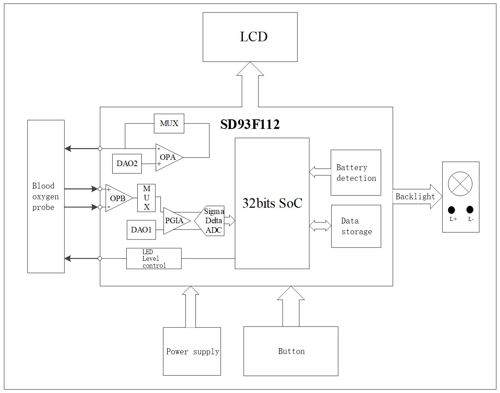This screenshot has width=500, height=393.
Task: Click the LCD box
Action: (x=250, y=37)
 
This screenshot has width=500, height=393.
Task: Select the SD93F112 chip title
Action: (x=250, y=124)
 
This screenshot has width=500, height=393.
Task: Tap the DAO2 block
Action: (x=127, y=164)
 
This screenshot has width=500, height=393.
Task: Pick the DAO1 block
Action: (x=141, y=230)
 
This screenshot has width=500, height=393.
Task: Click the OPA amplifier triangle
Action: (x=168, y=157)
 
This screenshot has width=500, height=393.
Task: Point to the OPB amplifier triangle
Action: (x=117, y=198)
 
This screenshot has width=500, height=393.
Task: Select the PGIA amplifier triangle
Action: (x=175, y=221)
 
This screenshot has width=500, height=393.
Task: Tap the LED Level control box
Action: (x=154, y=259)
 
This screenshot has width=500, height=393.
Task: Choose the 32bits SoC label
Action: (x=272, y=203)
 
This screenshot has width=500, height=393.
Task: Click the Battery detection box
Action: (x=356, y=173)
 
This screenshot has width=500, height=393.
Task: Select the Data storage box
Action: (x=356, y=226)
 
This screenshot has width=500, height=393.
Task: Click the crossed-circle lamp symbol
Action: (x=460, y=184)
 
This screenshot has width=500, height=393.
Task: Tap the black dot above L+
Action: (x=451, y=210)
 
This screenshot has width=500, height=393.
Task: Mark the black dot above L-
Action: (x=470, y=210)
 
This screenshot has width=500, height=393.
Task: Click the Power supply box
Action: (x=192, y=351)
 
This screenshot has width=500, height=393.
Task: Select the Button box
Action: (x=291, y=351)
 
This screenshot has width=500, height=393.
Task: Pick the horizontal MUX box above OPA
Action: (x=169, y=123)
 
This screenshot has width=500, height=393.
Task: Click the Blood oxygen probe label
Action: (x=45, y=197)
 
